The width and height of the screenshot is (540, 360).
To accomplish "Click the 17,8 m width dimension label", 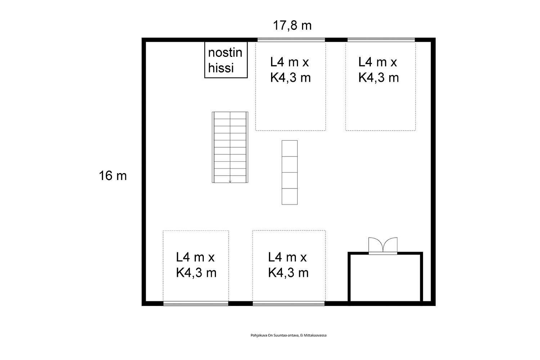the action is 292,26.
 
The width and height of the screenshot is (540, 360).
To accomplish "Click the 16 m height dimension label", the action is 113,176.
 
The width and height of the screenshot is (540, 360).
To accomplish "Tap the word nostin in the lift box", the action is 225,53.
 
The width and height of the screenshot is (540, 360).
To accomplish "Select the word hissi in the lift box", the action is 221,68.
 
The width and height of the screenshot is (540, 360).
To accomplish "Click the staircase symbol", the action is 230,147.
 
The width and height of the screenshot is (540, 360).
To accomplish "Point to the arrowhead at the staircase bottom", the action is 230,181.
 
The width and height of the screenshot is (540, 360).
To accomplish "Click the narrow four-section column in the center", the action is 289,172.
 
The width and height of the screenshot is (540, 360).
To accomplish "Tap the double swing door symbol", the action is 383,245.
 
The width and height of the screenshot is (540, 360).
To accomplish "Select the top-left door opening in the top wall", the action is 291,40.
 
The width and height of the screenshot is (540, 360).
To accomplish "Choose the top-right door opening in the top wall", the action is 381,40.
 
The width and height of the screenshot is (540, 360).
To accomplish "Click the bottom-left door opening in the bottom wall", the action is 196,303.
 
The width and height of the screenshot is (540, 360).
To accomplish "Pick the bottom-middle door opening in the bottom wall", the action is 289,303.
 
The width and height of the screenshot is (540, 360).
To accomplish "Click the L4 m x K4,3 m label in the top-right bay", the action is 378,70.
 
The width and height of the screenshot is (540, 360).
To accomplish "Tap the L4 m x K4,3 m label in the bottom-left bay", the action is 196,265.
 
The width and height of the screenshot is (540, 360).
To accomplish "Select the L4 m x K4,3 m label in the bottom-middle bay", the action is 288,265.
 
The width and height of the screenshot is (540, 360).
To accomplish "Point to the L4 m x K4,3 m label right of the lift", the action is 291,70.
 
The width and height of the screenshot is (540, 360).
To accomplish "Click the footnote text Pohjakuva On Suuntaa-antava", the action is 275,336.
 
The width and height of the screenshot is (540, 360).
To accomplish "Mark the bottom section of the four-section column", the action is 289,197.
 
